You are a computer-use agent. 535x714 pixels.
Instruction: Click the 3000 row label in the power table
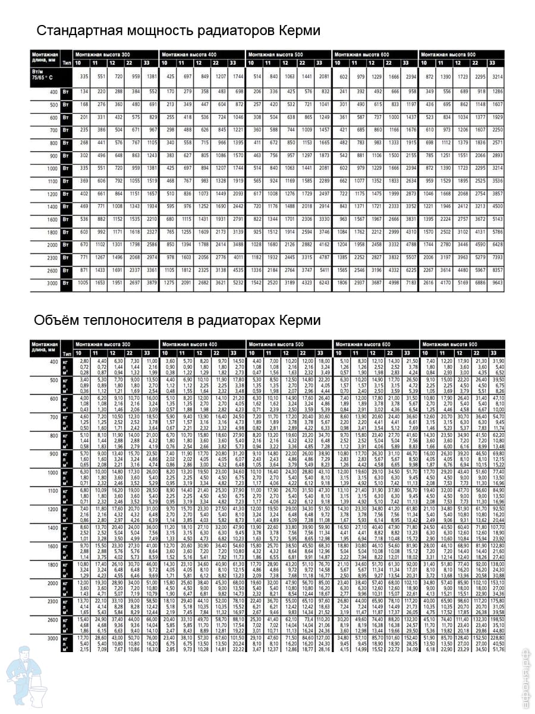52,284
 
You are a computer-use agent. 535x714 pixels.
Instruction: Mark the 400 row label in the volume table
53,362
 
